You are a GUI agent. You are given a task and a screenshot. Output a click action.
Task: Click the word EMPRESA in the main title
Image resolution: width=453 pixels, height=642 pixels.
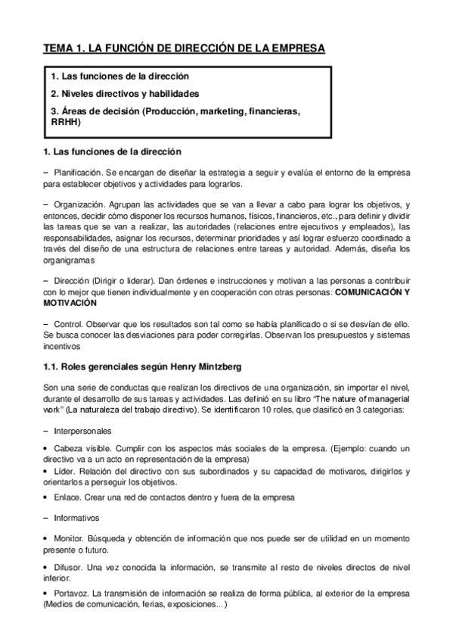click(x=296, y=48)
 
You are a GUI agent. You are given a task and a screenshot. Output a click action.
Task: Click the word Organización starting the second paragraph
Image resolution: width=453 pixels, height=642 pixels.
click(x=79, y=205)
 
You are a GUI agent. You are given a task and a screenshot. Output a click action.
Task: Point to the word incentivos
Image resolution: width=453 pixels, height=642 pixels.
click(x=62, y=346)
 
